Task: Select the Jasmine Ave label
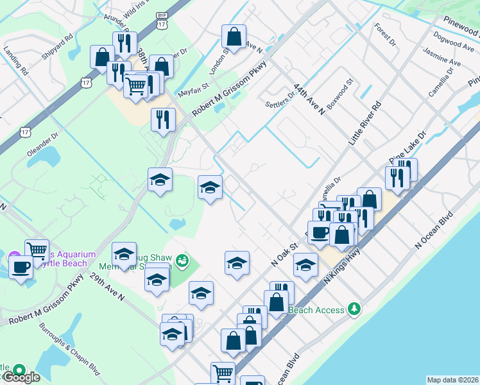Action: click(445, 56)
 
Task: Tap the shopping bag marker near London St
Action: click(234, 37)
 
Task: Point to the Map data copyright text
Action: click(452, 380)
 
